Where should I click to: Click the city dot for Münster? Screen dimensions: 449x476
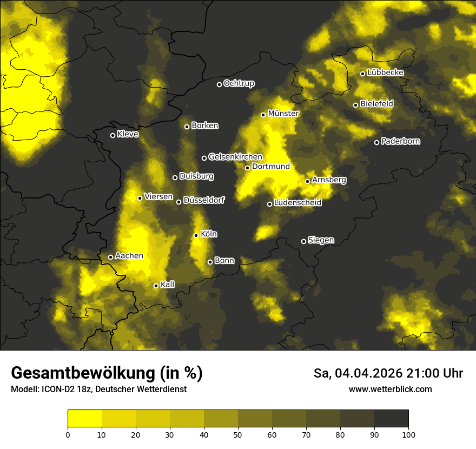263,115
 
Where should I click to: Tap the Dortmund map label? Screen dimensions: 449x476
271,167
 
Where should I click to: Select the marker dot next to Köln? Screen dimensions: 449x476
196,235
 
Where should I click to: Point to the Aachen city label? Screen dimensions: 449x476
129,256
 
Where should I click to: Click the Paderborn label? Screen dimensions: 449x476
400,141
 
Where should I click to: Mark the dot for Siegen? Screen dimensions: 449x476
303,241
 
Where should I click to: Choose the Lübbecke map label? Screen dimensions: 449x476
385,72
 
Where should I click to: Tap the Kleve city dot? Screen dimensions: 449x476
113,135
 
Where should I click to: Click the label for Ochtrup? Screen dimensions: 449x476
239,83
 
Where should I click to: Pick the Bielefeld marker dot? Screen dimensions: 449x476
356,105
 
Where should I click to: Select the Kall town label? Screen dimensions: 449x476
168,285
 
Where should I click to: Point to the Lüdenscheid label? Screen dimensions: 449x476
297,203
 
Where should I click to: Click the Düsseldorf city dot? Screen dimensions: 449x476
179,202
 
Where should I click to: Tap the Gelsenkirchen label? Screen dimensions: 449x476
235,157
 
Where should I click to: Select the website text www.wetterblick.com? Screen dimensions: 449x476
391,389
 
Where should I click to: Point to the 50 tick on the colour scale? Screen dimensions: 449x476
238,434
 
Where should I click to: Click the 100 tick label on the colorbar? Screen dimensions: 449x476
408,434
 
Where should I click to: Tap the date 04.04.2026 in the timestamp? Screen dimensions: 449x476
368,373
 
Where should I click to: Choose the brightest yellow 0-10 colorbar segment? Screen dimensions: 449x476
84,419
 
